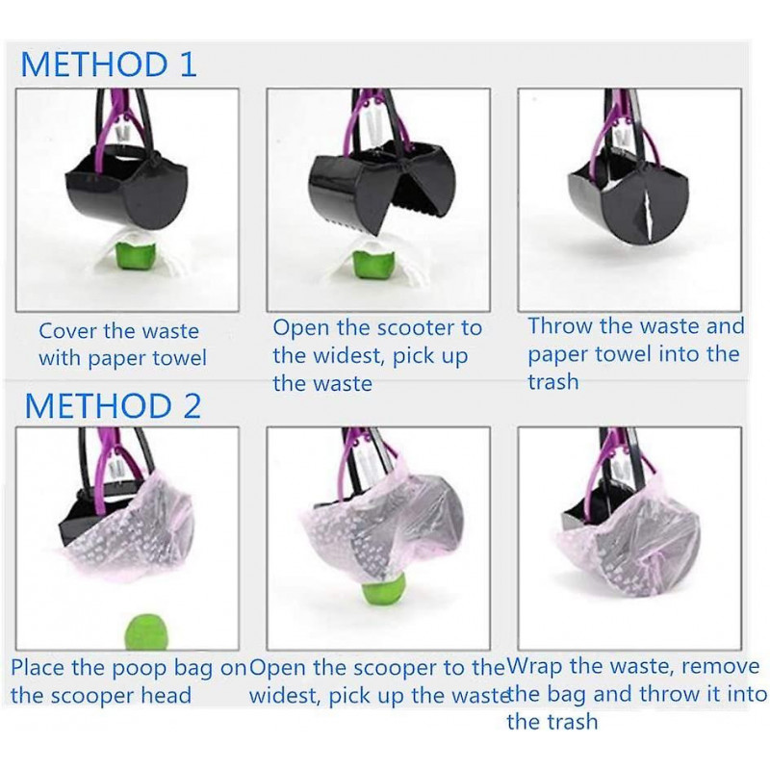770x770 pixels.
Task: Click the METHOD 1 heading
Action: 109,64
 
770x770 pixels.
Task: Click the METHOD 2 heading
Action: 113,406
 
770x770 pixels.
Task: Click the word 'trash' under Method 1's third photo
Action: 552,381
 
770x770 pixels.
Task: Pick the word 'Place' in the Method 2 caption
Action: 38,668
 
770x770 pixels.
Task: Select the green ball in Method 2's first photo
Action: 147,631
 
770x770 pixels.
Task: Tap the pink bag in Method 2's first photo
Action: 129,530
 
